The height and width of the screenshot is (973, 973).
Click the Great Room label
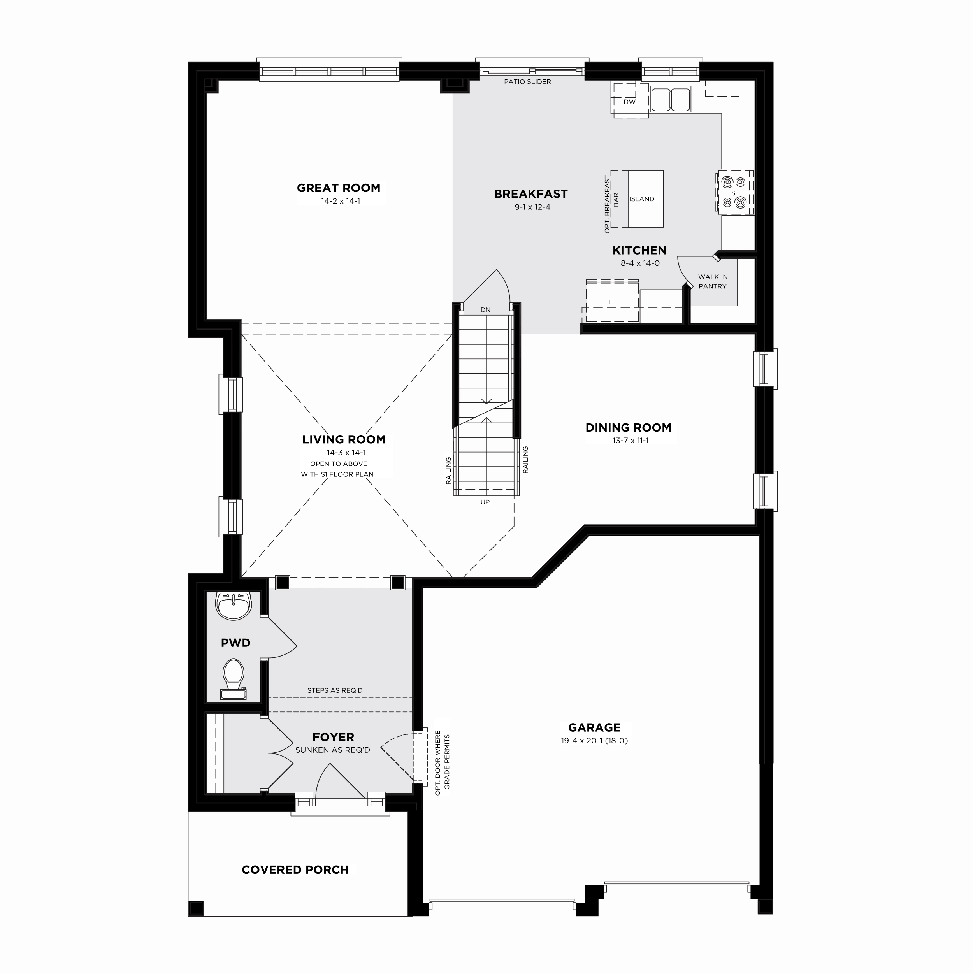point(339,188)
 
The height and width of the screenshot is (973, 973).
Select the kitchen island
point(645,199)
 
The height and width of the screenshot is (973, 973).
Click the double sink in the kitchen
point(670,99)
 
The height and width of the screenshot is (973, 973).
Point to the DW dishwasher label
point(629,102)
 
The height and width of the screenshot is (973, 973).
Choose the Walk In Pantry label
point(713,281)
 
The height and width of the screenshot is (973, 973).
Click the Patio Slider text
point(527,82)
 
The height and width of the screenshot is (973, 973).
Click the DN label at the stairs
point(485,310)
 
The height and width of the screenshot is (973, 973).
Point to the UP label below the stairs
point(485,502)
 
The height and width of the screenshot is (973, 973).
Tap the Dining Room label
point(628,428)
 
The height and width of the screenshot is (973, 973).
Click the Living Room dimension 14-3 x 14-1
point(346,452)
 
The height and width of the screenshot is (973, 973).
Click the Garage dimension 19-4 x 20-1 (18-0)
point(594,740)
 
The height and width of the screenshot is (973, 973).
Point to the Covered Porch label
point(295,870)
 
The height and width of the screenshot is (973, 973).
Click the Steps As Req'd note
point(335,690)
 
